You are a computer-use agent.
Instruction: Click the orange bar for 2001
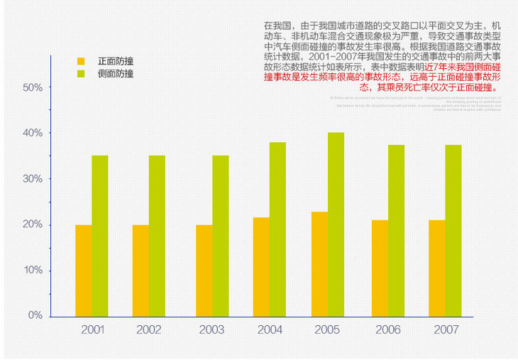(x=83, y=271)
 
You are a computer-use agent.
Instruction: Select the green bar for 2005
(x=336, y=224)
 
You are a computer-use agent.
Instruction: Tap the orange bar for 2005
(x=319, y=264)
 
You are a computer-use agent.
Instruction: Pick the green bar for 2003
(x=221, y=236)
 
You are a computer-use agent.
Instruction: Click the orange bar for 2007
(x=437, y=268)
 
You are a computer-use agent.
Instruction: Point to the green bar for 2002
(x=157, y=236)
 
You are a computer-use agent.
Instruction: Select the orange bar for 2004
(x=261, y=267)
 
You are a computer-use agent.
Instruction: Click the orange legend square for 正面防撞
(x=81, y=61)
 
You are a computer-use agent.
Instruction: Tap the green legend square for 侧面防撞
(x=81, y=74)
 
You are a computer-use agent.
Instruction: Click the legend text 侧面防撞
(x=116, y=74)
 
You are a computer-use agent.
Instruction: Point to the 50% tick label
(x=33, y=87)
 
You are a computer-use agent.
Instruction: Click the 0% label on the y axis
(x=35, y=315)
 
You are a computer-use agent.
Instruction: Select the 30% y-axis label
(x=33, y=179)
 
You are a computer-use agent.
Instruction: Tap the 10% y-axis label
(x=33, y=271)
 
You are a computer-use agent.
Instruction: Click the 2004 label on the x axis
(x=270, y=330)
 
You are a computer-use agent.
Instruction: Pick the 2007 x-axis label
(x=446, y=330)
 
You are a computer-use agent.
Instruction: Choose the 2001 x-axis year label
(x=93, y=330)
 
